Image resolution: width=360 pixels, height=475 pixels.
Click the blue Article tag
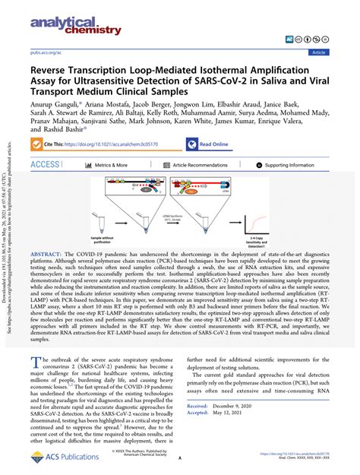click(320, 52)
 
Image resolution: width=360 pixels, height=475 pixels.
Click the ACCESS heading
click(44, 165)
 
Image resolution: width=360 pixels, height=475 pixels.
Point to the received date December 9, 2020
click(242, 407)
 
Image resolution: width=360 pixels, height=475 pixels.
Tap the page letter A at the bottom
click(180, 459)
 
